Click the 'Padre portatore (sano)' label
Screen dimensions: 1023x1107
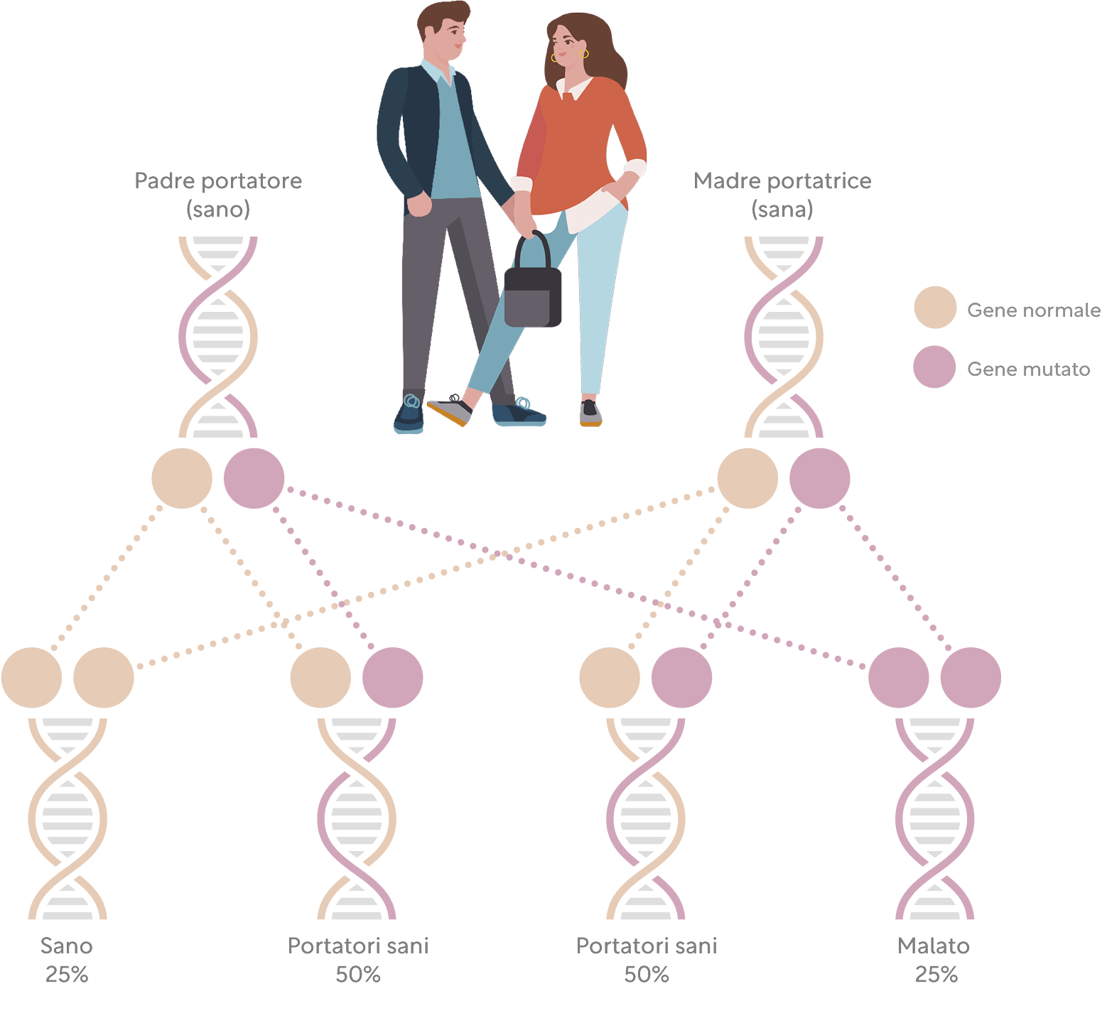click(218, 195)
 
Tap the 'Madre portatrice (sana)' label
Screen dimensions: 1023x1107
click(782, 195)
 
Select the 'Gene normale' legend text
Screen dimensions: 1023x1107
click(1033, 310)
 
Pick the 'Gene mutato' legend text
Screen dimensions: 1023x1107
click(1028, 369)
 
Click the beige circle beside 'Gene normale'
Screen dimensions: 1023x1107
click(935, 308)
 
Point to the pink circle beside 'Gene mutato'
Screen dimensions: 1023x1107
click(934, 367)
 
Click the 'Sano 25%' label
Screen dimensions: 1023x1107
click(67, 960)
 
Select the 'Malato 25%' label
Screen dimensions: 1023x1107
click(935, 960)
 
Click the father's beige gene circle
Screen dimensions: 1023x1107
click(182, 478)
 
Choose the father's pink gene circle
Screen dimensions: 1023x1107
click(254, 478)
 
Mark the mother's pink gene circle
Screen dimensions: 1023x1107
click(820, 478)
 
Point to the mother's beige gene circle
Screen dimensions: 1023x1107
click(747, 478)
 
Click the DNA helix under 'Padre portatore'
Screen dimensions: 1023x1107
click(218, 337)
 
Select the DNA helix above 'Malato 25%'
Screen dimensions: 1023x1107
click(934, 818)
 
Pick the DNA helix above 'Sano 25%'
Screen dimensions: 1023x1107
click(67, 818)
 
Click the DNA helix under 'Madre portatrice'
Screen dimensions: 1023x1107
click(784, 337)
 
